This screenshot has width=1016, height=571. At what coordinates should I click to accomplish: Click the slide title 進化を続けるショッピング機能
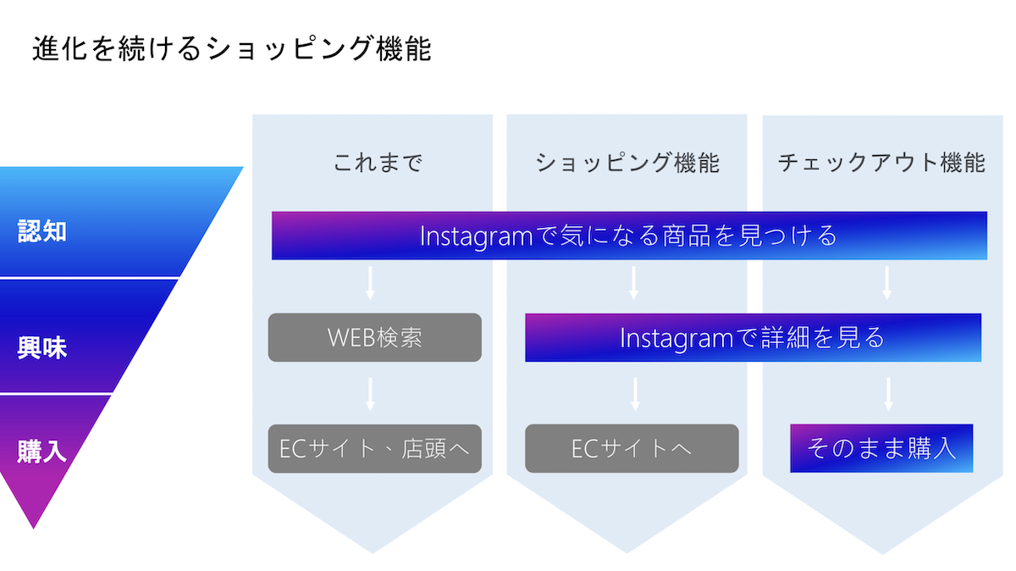coord(232,48)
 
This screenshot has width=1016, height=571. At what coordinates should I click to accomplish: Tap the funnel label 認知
coord(42,231)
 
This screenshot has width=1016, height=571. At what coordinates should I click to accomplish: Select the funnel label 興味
coord(42,347)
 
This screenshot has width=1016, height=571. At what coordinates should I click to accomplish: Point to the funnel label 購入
coord(42,452)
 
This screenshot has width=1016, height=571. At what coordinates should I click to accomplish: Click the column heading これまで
coord(378,163)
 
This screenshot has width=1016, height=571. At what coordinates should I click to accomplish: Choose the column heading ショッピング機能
coord(627,163)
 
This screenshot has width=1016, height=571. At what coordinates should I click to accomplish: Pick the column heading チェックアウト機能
coord(881,163)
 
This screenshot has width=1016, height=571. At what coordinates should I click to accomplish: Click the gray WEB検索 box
coord(374,337)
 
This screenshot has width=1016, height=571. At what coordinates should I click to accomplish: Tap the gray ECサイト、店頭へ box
coord(374,448)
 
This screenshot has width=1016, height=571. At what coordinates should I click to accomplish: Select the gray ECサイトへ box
coord(632,448)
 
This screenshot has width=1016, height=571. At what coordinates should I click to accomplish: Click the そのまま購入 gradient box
coord(881,448)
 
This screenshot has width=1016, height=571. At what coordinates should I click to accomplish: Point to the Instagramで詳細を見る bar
coord(753,337)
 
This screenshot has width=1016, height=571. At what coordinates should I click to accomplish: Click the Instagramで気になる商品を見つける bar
coord(630,236)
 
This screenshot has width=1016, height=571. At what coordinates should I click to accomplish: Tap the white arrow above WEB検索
coord(370,283)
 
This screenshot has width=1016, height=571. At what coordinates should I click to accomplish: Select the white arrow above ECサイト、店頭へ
coord(370,394)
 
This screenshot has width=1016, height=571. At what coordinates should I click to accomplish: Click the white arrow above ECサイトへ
coord(635,394)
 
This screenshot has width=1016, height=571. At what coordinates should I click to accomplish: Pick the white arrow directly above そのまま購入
coord(888,394)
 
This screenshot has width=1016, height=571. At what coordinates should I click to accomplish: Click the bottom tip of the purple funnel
coord(33,529)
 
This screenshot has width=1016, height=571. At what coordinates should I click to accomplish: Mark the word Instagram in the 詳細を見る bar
coord(676,339)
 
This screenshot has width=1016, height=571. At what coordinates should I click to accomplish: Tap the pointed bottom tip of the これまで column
coord(373,553)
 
